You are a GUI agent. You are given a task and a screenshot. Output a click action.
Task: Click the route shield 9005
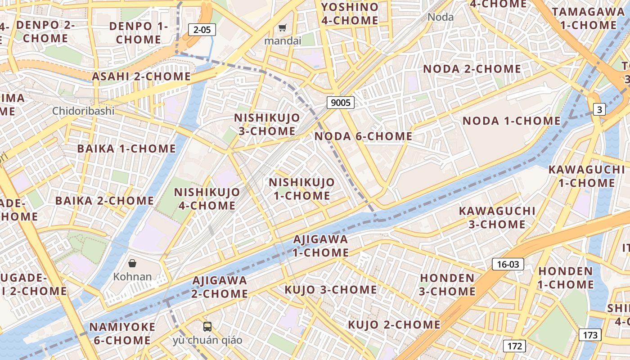click(340, 103)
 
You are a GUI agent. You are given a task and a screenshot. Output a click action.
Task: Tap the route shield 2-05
click(202, 30)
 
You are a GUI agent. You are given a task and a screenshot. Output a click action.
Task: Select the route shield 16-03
click(508, 264)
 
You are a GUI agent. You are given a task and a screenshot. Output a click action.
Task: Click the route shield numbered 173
click(589, 335)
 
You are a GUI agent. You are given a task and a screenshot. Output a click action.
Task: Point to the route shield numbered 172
click(514, 346)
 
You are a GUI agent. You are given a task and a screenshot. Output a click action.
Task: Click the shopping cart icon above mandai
click(282, 28)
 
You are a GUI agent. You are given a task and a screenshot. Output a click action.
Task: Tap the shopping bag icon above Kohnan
click(132, 263)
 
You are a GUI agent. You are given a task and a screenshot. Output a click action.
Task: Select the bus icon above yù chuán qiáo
click(207, 326)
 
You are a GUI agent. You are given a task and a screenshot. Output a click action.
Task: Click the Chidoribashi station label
click(83, 111)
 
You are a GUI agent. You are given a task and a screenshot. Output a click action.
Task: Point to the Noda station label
click(441, 17)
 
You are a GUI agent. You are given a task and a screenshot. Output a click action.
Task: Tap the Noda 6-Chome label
click(363, 136)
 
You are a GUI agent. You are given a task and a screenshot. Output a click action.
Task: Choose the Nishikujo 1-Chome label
click(301, 189)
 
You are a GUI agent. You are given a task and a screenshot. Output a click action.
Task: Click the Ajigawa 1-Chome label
click(320, 246)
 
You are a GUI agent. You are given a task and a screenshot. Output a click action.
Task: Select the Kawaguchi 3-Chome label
click(497, 217)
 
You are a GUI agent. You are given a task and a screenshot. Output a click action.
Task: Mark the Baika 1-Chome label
click(126, 148)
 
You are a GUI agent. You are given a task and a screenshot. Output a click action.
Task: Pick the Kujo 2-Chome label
click(394, 324)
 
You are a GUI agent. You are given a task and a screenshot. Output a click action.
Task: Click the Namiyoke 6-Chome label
click(122, 333)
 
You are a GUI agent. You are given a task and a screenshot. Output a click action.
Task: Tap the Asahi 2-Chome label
click(141, 76)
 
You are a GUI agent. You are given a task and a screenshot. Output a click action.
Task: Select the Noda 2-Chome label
click(472, 69)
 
